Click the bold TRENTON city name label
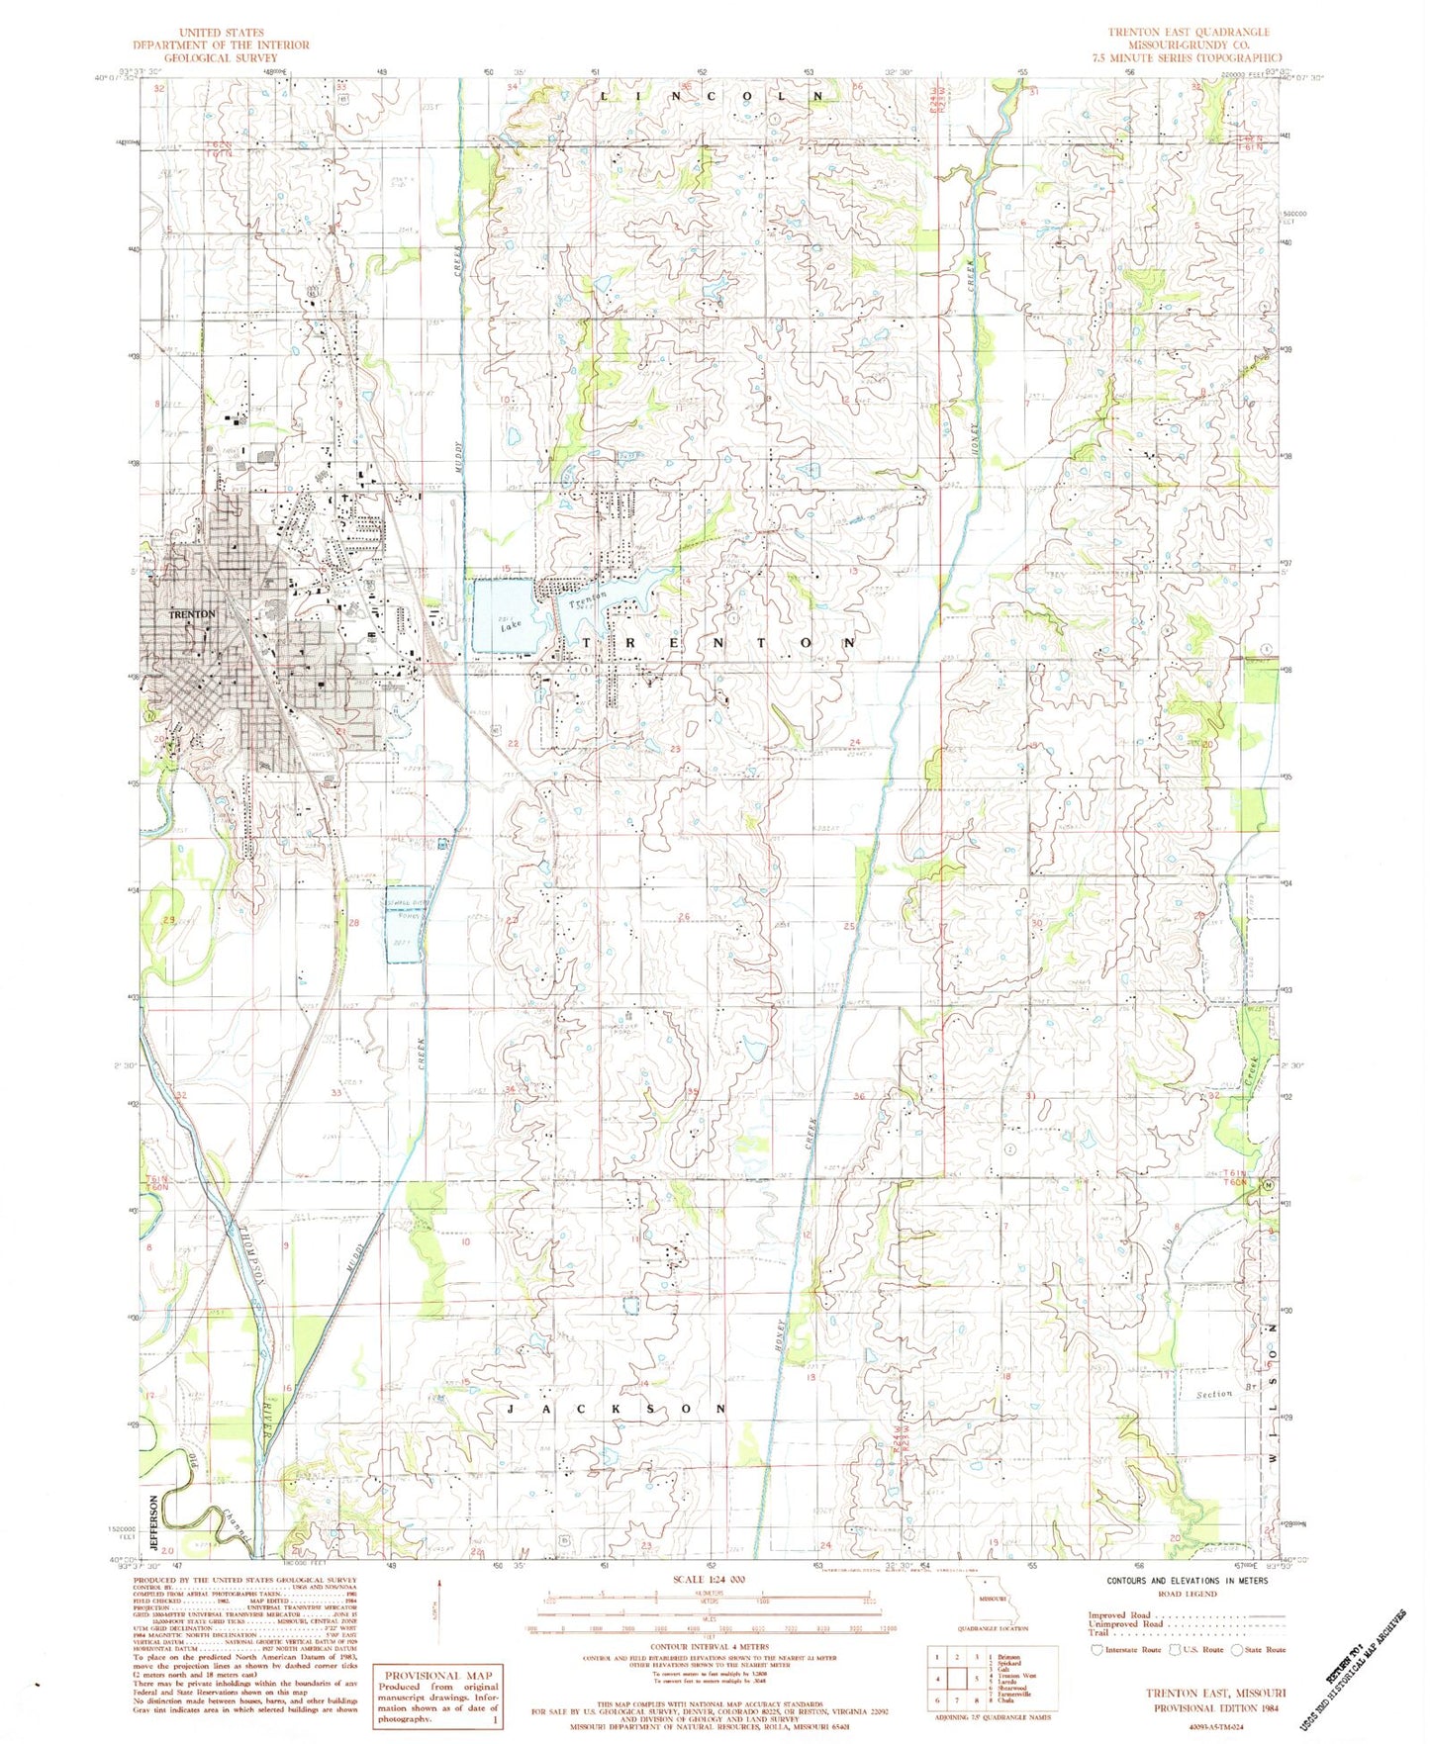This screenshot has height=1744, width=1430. pyautogui.click(x=192, y=614)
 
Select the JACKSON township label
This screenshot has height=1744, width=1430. pyautogui.click(x=617, y=1408)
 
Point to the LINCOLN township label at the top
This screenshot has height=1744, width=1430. pyautogui.click(x=712, y=96)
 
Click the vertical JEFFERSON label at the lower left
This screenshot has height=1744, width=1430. pyautogui.click(x=153, y=1521)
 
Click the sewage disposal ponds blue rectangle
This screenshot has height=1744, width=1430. pyautogui.click(x=404, y=923)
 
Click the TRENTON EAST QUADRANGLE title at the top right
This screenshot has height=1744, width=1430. pyautogui.click(x=1188, y=33)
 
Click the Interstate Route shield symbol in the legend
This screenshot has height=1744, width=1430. pyautogui.click(x=1096, y=1649)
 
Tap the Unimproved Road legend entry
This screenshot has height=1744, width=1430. pyautogui.click(x=1126, y=1623)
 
